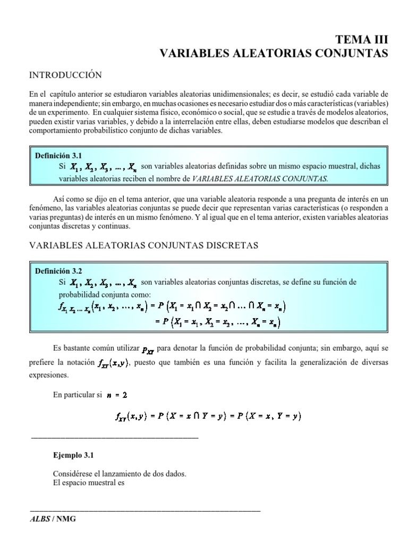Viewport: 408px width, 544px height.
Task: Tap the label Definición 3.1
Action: pyautogui.click(x=58, y=156)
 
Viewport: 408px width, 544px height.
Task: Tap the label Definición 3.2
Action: pyautogui.click(x=58, y=270)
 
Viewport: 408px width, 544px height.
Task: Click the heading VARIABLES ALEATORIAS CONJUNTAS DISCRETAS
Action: pyautogui.click(x=144, y=245)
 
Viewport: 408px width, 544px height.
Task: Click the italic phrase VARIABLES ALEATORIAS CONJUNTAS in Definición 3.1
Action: pyautogui.click(x=260, y=178)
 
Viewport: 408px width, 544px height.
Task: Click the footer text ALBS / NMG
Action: pyautogui.click(x=53, y=519)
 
